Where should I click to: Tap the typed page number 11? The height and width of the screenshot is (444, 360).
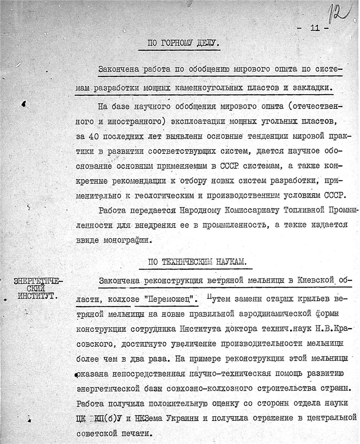pos(314,28)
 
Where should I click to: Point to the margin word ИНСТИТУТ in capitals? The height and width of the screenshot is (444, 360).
pos(36,296)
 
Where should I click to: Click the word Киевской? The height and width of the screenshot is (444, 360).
pos(314,280)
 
